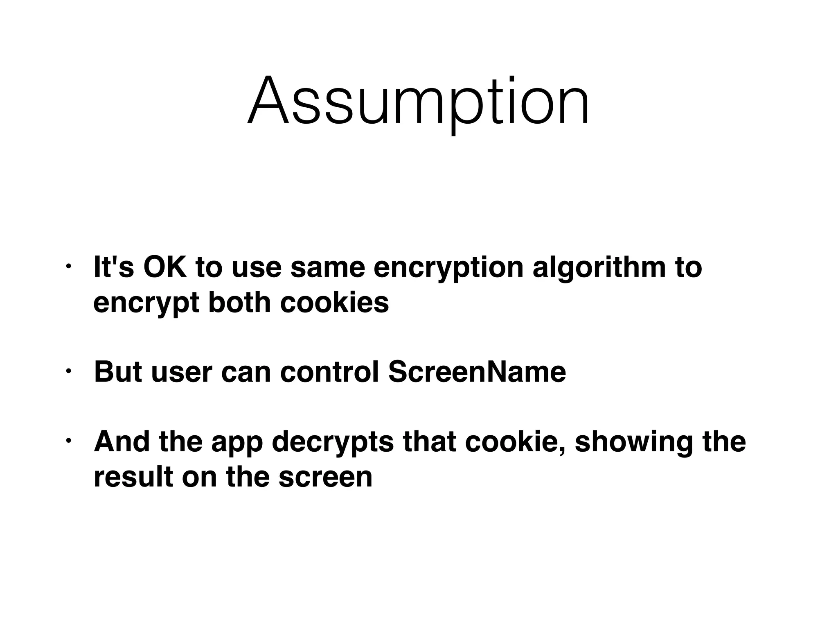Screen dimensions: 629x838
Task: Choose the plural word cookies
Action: (334, 303)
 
